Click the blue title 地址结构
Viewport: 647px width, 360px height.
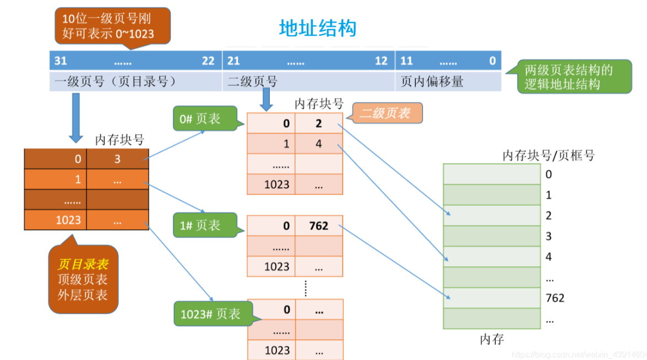317,29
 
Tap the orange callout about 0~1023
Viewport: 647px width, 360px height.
113,26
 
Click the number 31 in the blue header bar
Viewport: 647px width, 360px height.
61,61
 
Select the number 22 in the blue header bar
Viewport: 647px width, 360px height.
208,61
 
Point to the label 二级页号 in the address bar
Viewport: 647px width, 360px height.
253,81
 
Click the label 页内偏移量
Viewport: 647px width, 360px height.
432,81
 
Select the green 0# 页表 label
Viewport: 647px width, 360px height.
205,119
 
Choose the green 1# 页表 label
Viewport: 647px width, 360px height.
205,225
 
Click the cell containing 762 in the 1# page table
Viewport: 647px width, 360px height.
319,226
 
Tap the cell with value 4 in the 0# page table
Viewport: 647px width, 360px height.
319,144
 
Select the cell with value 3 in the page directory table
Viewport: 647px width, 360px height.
118,159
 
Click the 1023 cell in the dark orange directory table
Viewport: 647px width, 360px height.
55,220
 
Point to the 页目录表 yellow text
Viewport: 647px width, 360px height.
83,264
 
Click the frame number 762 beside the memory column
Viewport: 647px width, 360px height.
555,298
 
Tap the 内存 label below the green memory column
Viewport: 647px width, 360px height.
492,340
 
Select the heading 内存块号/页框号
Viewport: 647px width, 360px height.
548,155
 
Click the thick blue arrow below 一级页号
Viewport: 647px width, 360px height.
76,118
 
